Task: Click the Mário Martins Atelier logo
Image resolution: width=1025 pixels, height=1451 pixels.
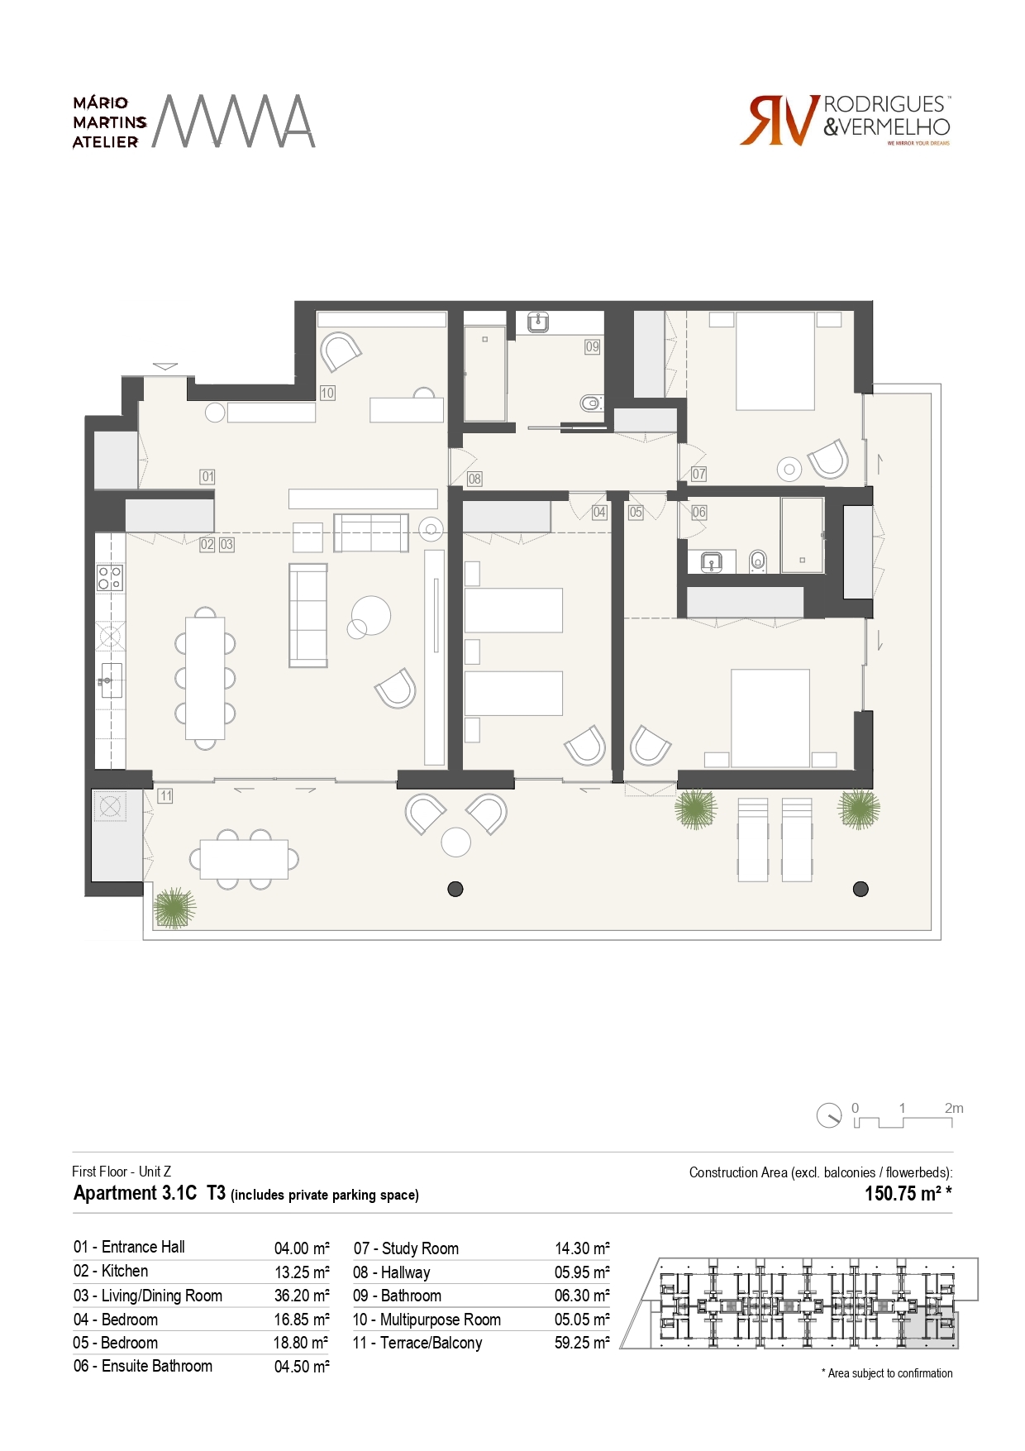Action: coord(193,122)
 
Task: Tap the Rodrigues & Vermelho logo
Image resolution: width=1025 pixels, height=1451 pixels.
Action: coord(846,121)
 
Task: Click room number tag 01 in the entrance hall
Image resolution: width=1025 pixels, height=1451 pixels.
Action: coord(207,476)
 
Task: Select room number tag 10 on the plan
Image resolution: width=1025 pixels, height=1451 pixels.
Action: coord(327,393)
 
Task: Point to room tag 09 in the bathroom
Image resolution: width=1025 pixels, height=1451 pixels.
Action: coord(592,346)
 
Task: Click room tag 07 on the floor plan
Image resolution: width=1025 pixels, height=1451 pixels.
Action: coord(698,474)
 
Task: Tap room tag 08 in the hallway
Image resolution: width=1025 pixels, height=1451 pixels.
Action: coord(474,478)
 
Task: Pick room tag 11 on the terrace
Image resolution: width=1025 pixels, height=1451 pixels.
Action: coord(165,795)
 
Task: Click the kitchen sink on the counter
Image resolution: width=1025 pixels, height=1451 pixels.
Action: coord(111,680)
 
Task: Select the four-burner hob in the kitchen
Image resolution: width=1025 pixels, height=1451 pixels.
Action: coord(110,577)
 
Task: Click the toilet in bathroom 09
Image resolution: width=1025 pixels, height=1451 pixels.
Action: coord(590,403)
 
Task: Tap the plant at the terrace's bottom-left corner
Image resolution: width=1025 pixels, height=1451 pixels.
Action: coord(174,908)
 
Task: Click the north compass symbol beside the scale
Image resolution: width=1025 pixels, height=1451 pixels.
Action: coord(828,1115)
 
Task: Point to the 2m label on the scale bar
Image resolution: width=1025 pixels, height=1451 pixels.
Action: coord(954,1108)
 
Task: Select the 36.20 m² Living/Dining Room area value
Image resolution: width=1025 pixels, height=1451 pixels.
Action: coord(302,1296)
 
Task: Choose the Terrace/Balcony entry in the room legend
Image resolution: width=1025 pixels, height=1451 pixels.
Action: coord(417,1343)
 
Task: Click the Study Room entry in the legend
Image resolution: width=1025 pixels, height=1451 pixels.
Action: coord(406,1248)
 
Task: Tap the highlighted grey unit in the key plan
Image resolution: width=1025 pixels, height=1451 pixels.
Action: coord(931,1330)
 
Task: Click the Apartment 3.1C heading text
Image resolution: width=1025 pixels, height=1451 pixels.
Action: coord(136,1193)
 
